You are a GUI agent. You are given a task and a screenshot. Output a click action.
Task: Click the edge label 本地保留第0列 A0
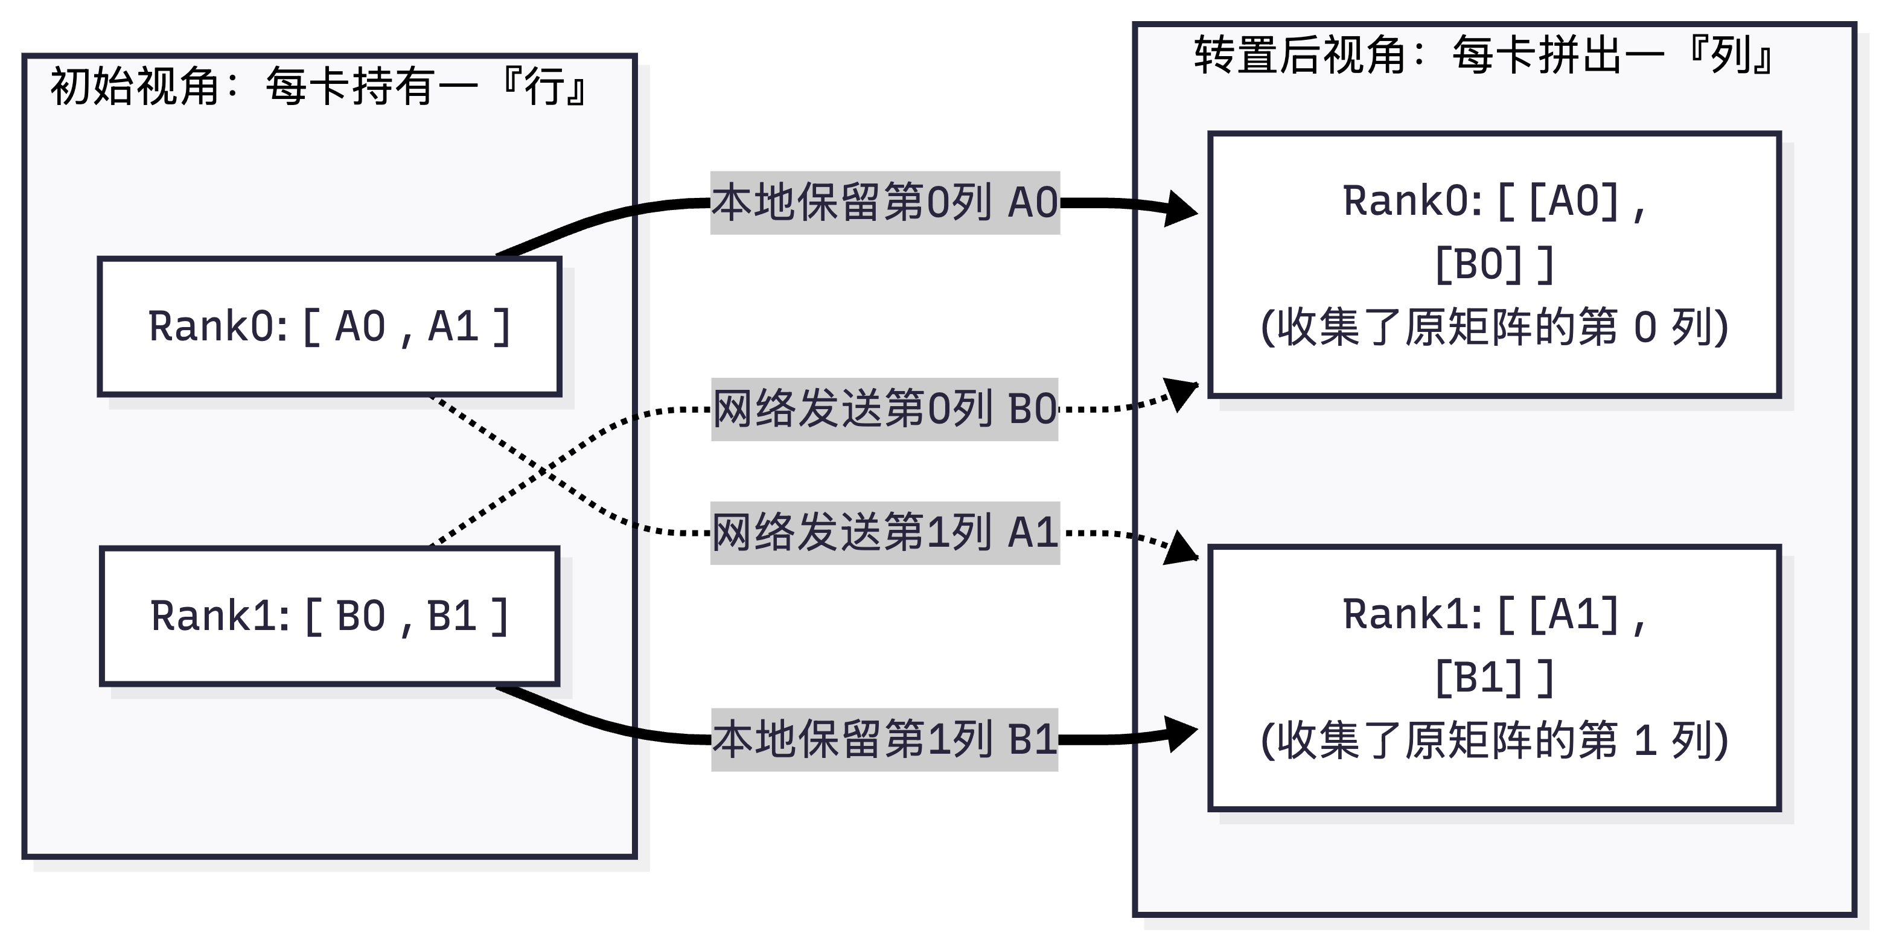[x=885, y=203]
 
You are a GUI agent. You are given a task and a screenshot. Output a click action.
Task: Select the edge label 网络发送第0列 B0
[x=885, y=409]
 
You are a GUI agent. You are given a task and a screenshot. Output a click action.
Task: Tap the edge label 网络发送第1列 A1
[x=885, y=533]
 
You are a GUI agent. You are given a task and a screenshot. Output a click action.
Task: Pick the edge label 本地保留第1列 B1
[x=885, y=739]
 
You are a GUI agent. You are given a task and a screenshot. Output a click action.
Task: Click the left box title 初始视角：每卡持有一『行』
[x=318, y=87]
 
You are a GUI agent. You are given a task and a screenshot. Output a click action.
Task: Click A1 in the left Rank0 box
[x=453, y=326]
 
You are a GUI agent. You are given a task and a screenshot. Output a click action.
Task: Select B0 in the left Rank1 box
[x=360, y=617]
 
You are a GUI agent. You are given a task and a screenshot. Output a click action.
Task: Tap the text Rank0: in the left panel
[x=217, y=326]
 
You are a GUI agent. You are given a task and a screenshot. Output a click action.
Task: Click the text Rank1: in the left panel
[x=219, y=617]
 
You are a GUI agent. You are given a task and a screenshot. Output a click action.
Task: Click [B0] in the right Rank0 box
[x=1478, y=265]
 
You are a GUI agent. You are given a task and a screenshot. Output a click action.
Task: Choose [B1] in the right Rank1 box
[x=1478, y=678]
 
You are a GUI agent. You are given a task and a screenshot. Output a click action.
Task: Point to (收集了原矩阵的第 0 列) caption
[x=1494, y=327]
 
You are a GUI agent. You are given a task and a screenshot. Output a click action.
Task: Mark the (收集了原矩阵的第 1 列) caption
[x=1494, y=740]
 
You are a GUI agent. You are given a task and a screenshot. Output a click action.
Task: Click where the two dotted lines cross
[x=542, y=471]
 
